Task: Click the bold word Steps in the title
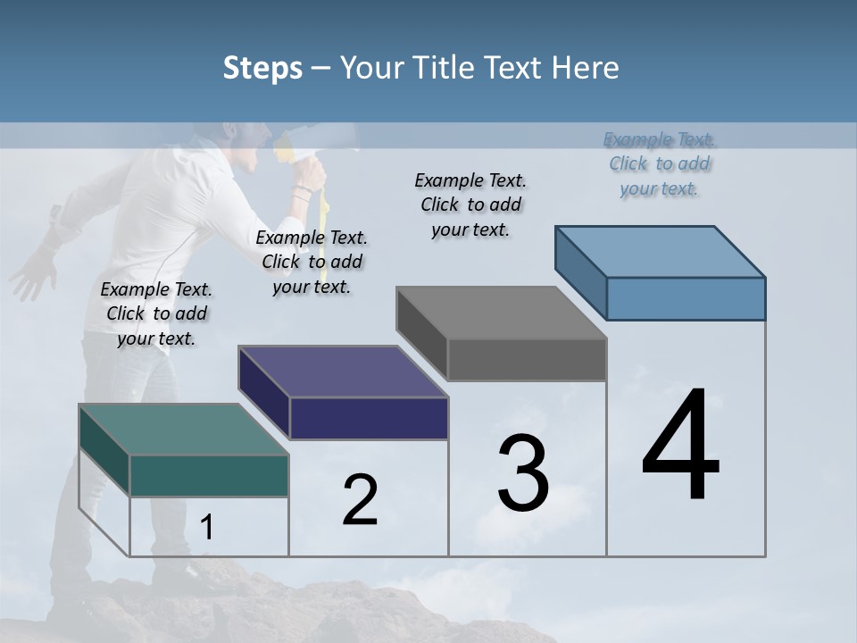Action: [262, 68]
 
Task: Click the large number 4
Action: [680, 447]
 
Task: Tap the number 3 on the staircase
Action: [523, 473]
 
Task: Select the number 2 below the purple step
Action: [360, 501]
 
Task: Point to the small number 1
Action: [206, 528]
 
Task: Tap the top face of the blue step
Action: [661, 251]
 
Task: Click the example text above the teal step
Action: [156, 313]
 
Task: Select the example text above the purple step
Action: [312, 262]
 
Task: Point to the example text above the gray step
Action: [470, 205]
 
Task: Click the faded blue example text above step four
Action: [660, 163]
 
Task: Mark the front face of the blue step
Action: [686, 298]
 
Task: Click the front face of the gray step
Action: [527, 359]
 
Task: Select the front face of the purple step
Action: [369, 418]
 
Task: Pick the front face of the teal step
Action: [209, 475]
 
